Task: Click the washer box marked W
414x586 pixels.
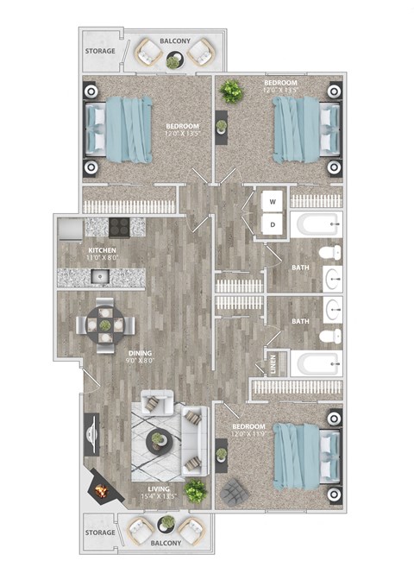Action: (273, 203)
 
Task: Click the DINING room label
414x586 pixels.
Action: (116, 353)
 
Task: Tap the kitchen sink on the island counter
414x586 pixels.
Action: (100, 277)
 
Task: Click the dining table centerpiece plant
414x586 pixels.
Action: (105, 325)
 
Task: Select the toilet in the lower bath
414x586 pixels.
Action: (328, 337)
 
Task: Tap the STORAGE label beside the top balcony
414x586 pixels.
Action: (99, 51)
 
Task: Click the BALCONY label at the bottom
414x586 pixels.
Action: (166, 544)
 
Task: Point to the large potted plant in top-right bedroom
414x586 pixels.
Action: (231, 89)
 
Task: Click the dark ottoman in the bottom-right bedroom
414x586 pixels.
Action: (233, 492)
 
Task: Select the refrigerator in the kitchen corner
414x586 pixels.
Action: (71, 228)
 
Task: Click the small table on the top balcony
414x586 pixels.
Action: (174, 60)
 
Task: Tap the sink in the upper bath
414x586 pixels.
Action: (334, 278)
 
